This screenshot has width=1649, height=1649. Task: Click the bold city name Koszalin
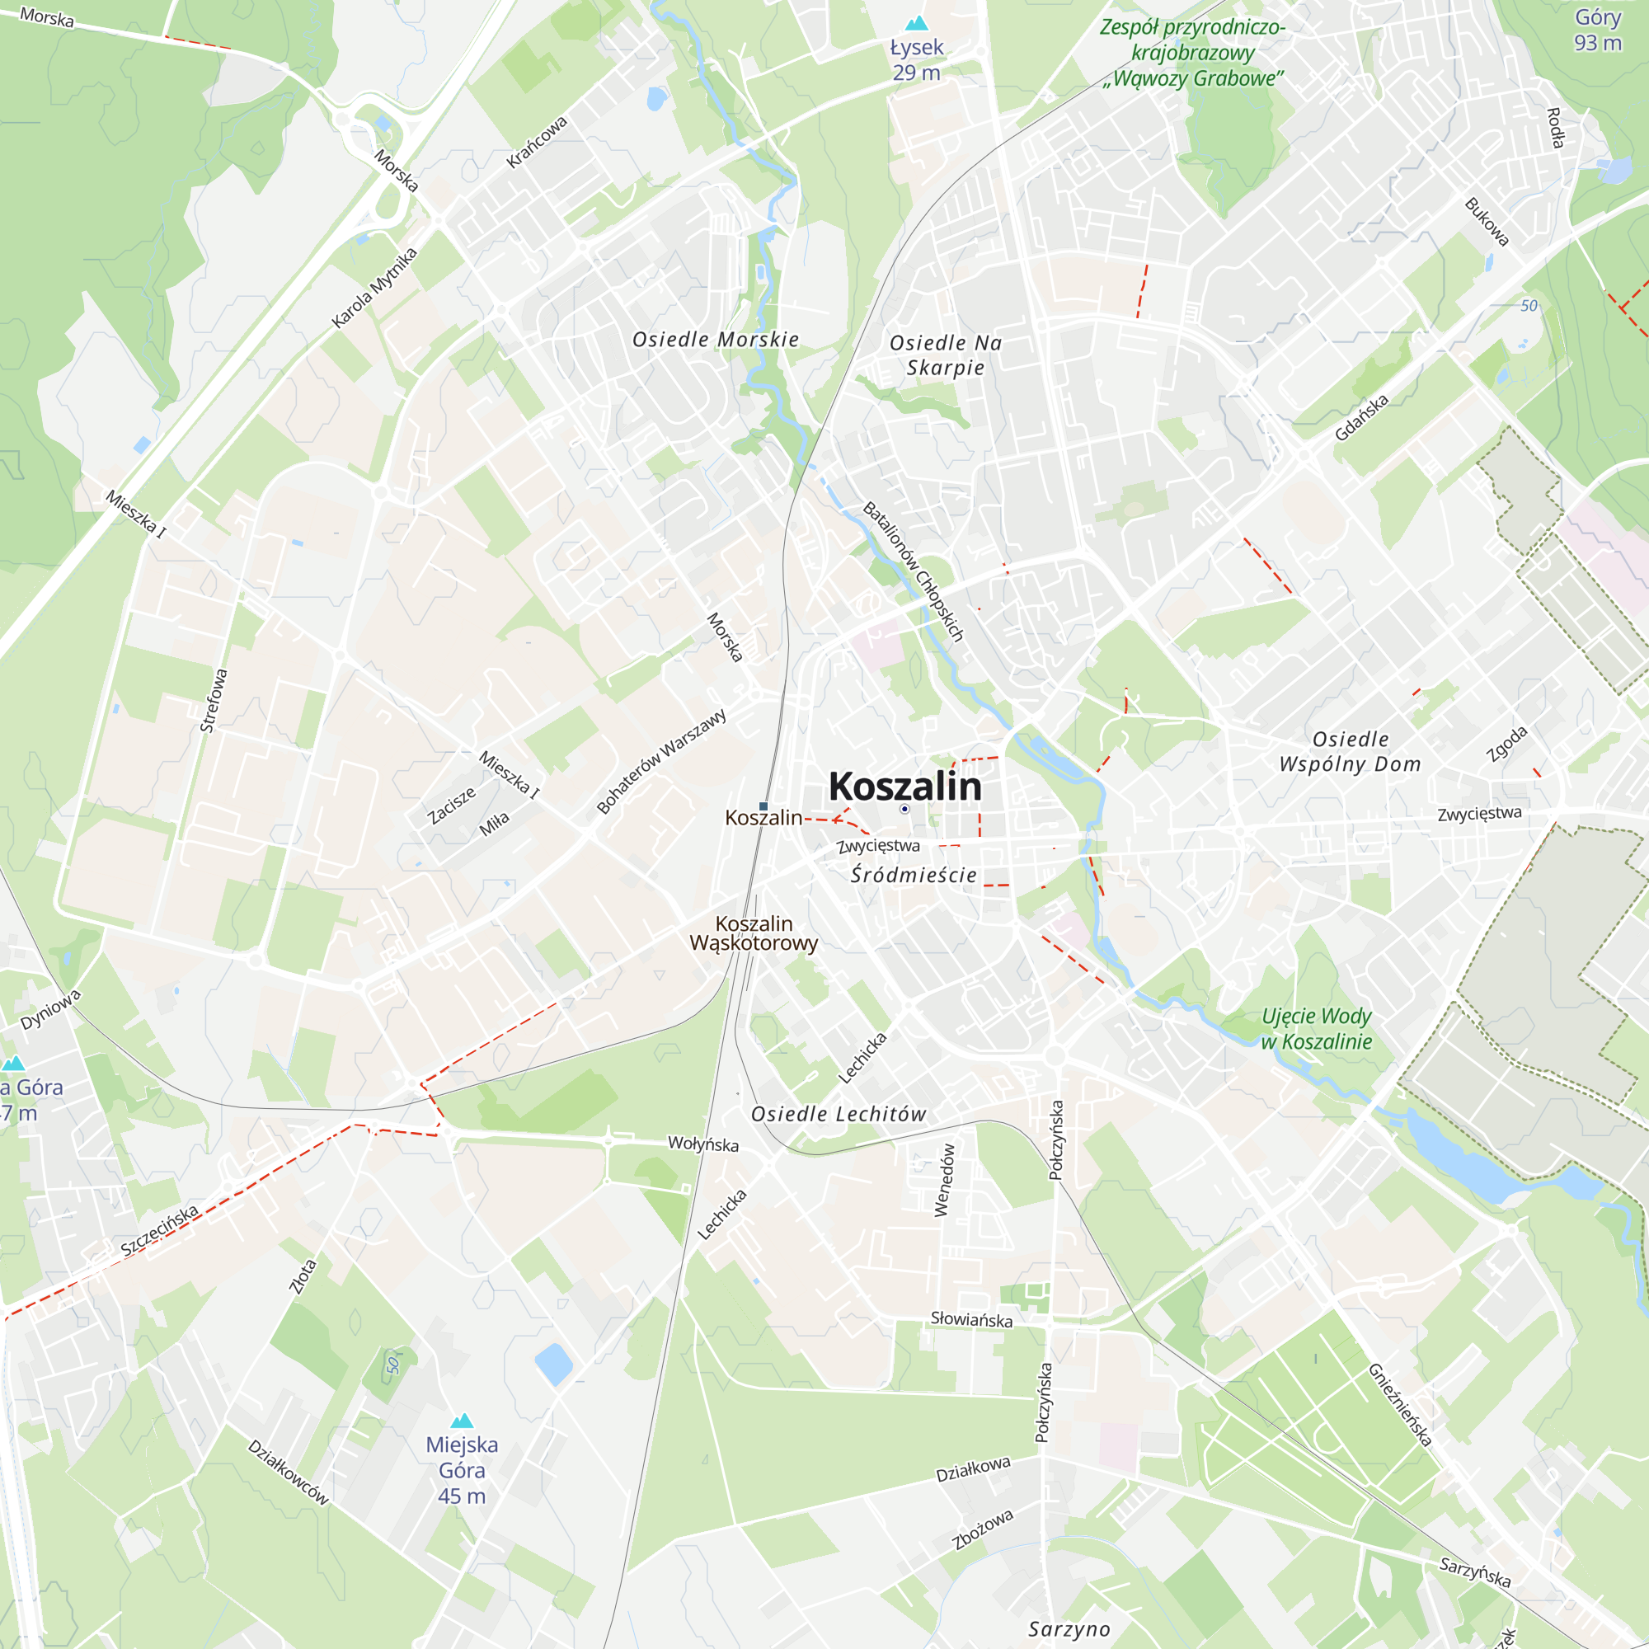click(x=904, y=786)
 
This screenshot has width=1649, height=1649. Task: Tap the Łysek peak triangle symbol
click(x=917, y=23)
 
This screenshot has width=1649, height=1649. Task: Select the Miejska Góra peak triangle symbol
click(x=462, y=1421)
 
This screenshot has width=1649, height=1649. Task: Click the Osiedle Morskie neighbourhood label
click(x=715, y=340)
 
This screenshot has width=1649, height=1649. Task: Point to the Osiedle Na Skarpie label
click(x=946, y=355)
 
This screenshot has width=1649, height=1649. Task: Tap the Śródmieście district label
click(x=914, y=875)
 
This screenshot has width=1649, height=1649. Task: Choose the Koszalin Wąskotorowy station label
click(x=754, y=933)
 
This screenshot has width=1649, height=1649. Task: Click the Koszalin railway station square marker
click(x=763, y=806)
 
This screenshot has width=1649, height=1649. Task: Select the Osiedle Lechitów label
click(x=839, y=1114)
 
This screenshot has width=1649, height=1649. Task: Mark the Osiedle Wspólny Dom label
click(x=1351, y=752)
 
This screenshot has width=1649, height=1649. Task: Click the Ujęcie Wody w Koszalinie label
click(x=1316, y=1028)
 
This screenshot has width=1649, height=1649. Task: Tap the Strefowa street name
click(x=214, y=701)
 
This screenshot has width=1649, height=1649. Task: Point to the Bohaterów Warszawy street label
click(x=661, y=761)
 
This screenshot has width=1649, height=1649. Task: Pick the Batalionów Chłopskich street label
click(x=914, y=572)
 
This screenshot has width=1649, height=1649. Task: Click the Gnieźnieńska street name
click(x=1400, y=1405)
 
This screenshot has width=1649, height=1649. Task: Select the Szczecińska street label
click(x=160, y=1230)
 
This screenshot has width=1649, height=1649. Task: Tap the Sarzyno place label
click(x=1069, y=1629)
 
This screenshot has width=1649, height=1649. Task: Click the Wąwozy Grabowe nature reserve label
click(x=1192, y=53)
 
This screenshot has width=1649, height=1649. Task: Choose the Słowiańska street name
click(x=971, y=1319)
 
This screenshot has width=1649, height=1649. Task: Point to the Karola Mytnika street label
click(x=374, y=288)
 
